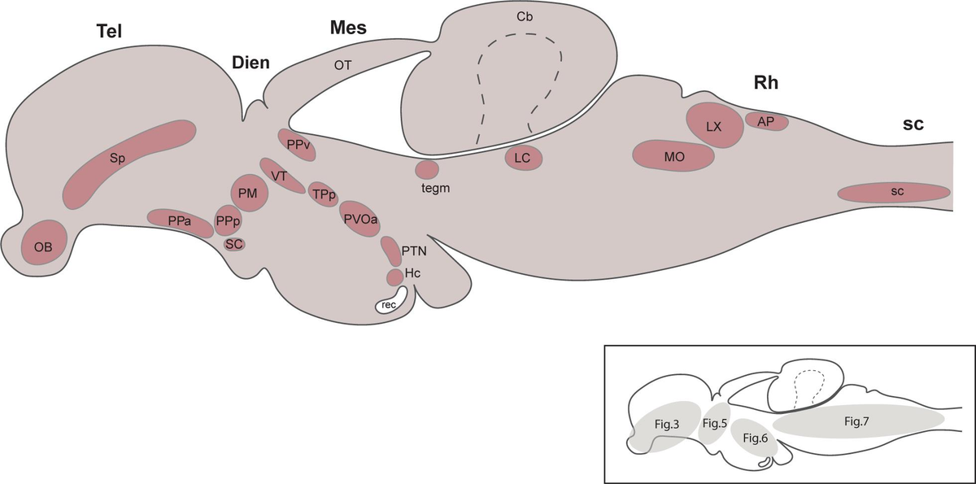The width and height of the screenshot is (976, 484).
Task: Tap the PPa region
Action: pos(180,220)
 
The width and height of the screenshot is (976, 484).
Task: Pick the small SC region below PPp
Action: pos(234,243)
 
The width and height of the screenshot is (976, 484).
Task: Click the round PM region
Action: pos(249,193)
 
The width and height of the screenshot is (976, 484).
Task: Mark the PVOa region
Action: pos(362,219)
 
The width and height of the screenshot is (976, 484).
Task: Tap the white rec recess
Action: pos(390,305)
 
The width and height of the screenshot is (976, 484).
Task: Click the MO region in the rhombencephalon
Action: pos(673,157)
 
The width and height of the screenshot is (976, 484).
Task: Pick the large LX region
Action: pos(714,125)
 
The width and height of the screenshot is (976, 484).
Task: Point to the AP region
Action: pos(766,121)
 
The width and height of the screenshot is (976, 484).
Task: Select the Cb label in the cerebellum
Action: pos(522,15)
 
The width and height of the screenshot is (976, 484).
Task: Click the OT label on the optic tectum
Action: pos(342,64)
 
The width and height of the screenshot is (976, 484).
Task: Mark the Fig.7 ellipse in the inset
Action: pos(858,421)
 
